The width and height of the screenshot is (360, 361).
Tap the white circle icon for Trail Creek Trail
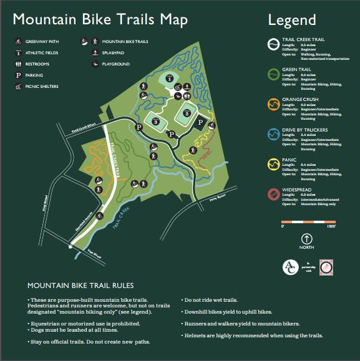coord(273,44)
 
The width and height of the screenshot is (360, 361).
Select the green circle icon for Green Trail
coord(273,74)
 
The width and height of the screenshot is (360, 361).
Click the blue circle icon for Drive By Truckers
coord(273,134)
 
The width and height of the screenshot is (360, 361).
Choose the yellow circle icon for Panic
coord(273,164)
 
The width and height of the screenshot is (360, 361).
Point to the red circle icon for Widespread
coord(273,194)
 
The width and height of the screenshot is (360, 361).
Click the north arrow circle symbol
coord(306,238)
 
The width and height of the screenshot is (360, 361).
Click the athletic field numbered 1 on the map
coord(168,79)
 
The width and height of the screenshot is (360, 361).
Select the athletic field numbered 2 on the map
coord(186,113)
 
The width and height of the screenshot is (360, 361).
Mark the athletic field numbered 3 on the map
coord(155,122)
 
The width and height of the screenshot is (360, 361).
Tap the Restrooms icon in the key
coord(18,64)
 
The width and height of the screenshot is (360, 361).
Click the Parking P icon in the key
coord(18,74)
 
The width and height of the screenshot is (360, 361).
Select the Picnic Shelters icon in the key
coord(18,85)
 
